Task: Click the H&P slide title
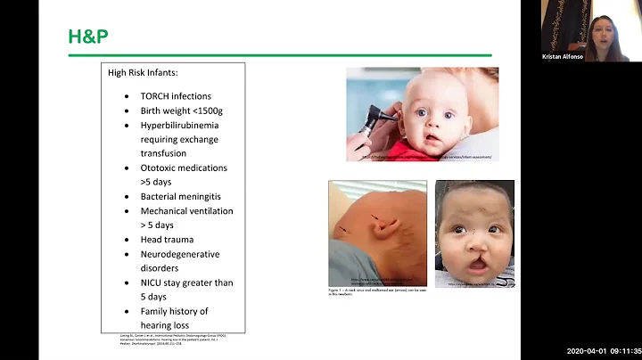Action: pyautogui.click(x=89, y=37)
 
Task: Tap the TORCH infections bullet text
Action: pyautogui.click(x=176, y=96)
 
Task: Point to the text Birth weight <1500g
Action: pyautogui.click(x=183, y=110)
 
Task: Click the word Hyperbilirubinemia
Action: pyautogui.click(x=179, y=125)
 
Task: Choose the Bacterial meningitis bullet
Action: pyautogui.click(x=180, y=196)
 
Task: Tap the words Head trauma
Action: pyautogui.click(x=167, y=239)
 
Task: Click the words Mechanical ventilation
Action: pyautogui.click(x=186, y=211)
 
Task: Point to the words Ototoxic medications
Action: pyautogui.click(x=184, y=168)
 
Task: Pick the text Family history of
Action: pyautogui.click(x=174, y=311)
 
